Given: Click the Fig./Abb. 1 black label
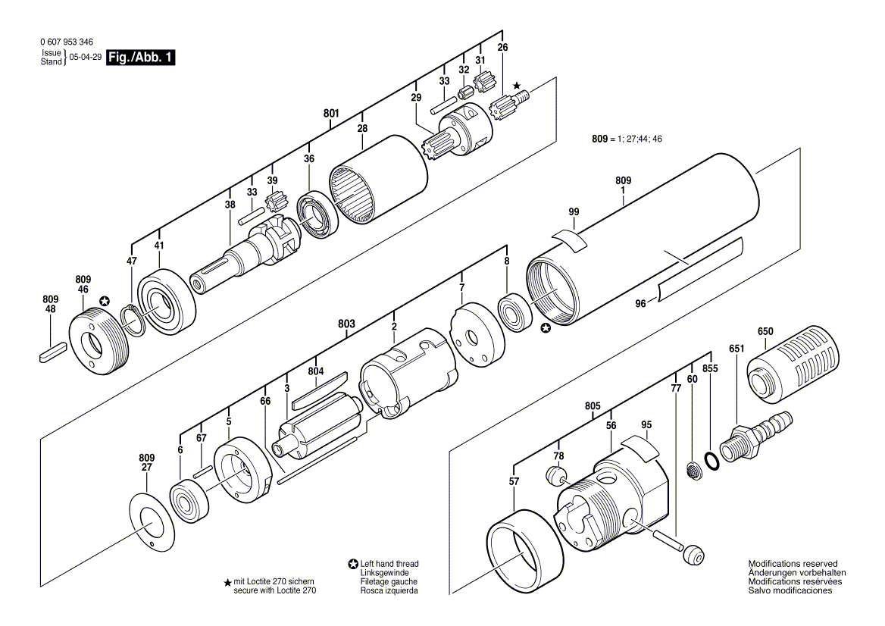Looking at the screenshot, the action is (140, 57).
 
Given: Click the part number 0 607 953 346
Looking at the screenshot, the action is (67, 42).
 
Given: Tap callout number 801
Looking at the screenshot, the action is (331, 114).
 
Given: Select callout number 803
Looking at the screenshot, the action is (346, 324).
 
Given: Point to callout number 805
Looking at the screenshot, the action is (593, 406).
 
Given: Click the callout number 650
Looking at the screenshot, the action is (765, 331).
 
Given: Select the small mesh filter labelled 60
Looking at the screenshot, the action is (692, 470).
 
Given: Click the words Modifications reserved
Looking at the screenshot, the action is (793, 563).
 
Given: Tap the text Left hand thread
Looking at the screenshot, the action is (389, 563).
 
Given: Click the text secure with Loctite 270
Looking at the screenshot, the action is (275, 590).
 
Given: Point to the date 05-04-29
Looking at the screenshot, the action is (85, 57).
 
